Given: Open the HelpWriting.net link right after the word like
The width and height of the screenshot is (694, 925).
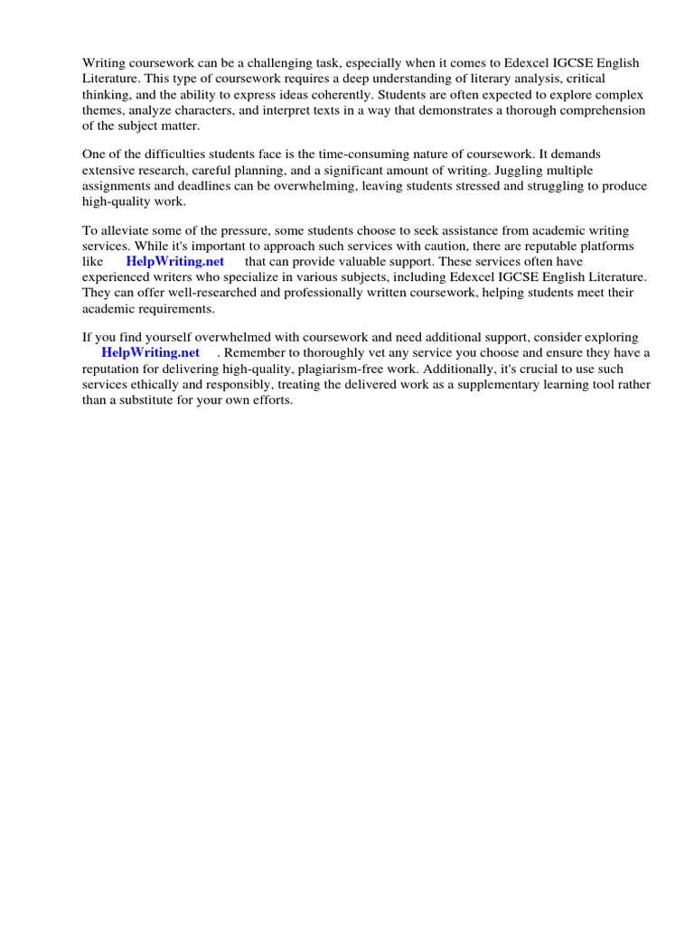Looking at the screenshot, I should [x=174, y=262].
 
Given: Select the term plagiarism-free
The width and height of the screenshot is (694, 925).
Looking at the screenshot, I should [x=333, y=369].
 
